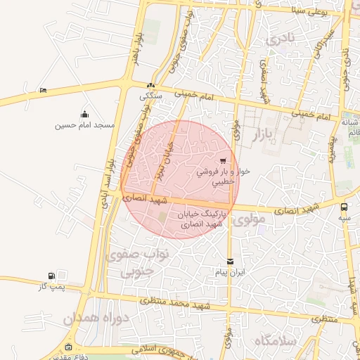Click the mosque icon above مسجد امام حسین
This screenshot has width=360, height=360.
point(85,115)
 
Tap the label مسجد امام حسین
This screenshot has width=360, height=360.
point(85,125)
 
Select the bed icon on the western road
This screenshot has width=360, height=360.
point(43,90)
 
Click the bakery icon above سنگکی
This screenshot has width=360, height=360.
point(150,86)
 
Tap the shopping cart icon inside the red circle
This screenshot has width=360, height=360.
point(224,160)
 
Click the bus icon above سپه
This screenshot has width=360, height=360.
point(344,207)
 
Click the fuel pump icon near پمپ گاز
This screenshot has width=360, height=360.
point(51,276)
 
